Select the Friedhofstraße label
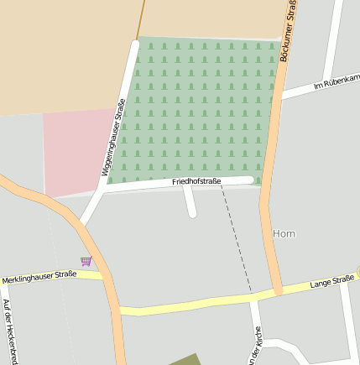(x=196, y=181)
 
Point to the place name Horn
(x=284, y=232)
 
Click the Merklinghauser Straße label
(x=39, y=276)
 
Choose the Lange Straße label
(x=332, y=283)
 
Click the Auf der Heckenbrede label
(x=8, y=331)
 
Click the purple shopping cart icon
(x=86, y=261)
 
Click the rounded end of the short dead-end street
(x=192, y=213)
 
